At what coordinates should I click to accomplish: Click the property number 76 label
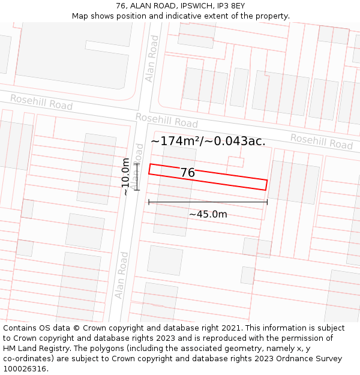(188, 173)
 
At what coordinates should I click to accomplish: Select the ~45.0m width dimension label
(208, 214)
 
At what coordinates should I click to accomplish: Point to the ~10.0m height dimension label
(125, 176)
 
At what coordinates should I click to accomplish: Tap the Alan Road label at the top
(152, 58)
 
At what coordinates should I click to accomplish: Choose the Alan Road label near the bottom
(122, 275)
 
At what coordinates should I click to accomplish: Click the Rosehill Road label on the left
(41, 101)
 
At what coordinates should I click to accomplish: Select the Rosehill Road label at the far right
(322, 142)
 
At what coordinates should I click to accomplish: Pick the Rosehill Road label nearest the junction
(167, 120)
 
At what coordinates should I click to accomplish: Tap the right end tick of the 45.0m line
(267, 202)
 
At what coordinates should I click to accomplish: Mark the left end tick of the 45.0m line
(149, 202)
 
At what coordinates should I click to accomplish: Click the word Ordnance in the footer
(300, 358)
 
